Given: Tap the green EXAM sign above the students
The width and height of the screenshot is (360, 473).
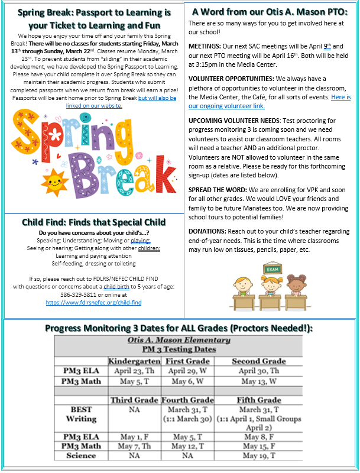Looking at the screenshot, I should click(272, 270).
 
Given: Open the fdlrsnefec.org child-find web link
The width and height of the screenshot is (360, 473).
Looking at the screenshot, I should click(94, 302).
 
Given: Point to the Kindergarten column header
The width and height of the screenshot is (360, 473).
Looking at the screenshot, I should click(134, 361).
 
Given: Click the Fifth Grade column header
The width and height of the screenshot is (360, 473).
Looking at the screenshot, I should click(258, 400).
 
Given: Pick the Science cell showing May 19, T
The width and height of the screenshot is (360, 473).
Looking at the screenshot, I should click(258, 456).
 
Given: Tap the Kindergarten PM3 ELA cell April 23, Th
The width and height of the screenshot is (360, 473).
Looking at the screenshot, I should click(134, 371).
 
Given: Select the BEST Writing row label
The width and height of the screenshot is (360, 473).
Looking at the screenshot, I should click(81, 413).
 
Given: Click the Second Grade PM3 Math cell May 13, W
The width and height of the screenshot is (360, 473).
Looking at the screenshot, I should click(258, 381).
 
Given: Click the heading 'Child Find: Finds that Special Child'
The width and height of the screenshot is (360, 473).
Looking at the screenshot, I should click(94, 222).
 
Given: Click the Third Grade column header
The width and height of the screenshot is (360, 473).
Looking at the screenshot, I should click(134, 400).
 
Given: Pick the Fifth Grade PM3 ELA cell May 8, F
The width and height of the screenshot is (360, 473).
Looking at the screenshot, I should click(258, 437).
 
